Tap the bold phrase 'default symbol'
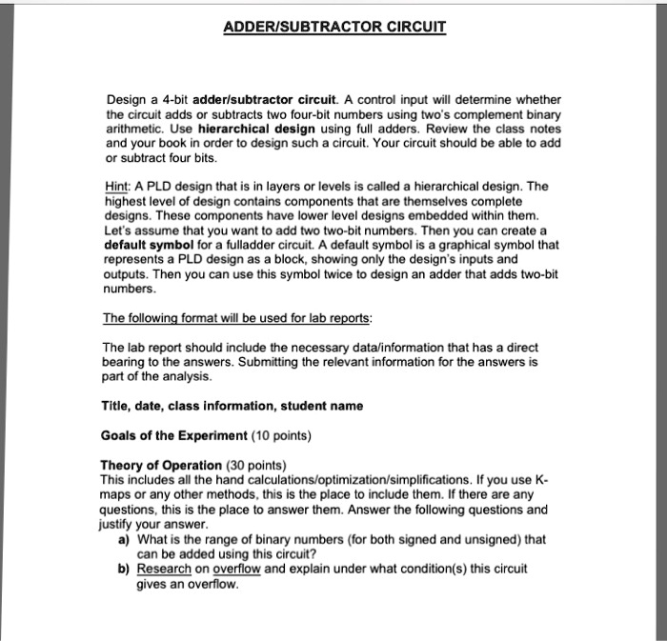coord(147,244)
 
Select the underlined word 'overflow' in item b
coord(236,569)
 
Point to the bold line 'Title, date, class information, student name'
coord(232,407)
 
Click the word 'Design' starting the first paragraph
coord(123,100)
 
